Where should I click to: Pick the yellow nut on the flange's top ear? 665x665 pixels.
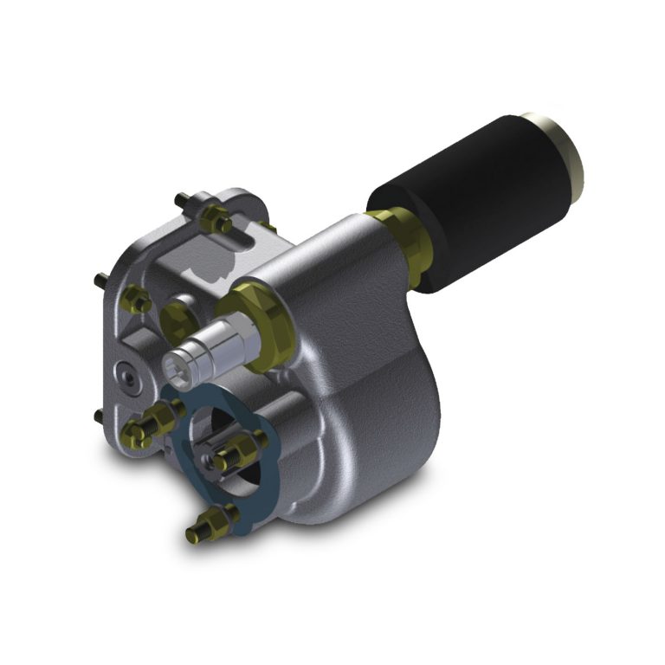[x=213, y=220]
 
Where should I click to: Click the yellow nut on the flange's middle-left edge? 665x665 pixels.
[x=137, y=300]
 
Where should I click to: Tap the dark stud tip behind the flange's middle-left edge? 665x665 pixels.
[x=101, y=279]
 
